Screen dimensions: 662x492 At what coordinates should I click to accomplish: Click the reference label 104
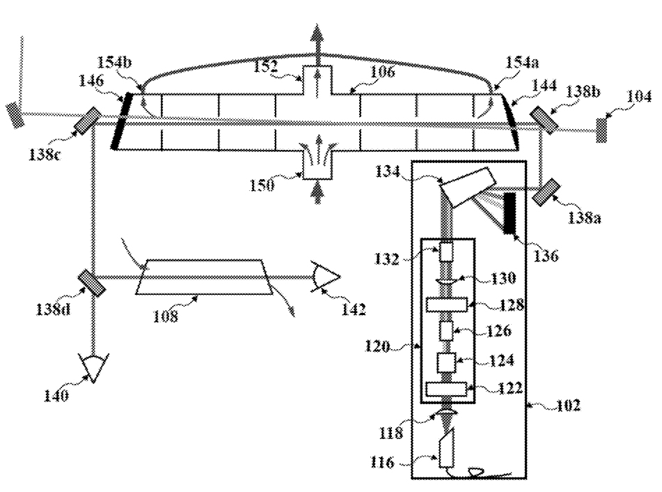pos(638,97)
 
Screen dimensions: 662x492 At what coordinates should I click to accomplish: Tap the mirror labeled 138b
pos(544,119)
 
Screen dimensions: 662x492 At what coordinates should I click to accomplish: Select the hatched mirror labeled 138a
pos(546,192)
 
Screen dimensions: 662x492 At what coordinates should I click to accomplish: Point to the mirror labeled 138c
pos(88,121)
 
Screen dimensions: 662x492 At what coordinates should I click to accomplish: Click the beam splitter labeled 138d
pos(92,283)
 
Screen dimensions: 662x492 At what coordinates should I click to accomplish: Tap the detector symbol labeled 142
pos(326,277)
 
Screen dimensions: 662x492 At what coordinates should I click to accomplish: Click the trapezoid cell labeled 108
pos(204,277)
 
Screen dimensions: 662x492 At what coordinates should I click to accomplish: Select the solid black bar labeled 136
pos(510,213)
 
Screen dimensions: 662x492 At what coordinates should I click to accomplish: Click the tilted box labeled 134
pos(468,186)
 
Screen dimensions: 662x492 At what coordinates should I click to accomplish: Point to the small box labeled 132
pos(446,252)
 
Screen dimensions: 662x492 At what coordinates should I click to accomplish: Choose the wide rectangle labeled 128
pos(447,305)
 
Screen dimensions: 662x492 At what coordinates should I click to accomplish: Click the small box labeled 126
pos(446,330)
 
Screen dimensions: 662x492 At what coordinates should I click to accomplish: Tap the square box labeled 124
pos(447,362)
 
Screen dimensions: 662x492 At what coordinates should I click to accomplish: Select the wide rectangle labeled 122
pos(447,390)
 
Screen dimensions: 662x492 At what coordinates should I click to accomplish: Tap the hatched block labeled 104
pos(601,130)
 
